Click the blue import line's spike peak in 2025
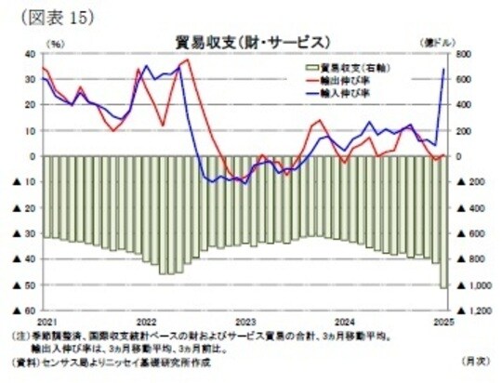coord(443,68)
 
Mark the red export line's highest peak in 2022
coord(187,60)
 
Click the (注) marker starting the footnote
coord(20,336)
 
